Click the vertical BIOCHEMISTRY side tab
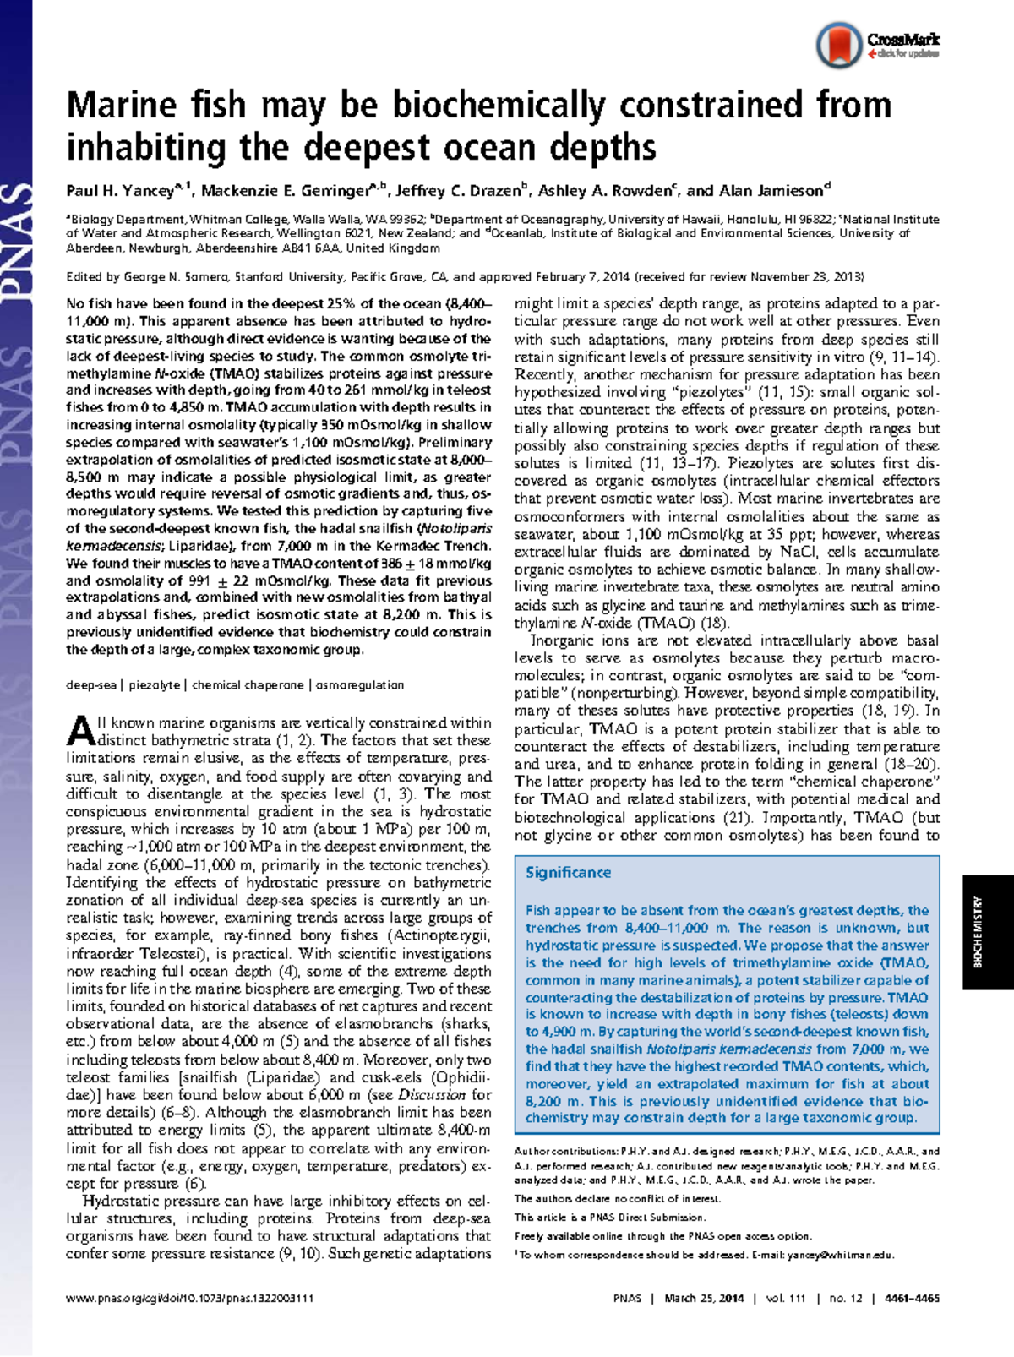(978, 932)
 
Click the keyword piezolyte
(155, 685)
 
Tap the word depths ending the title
(602, 148)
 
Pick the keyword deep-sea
(91, 685)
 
